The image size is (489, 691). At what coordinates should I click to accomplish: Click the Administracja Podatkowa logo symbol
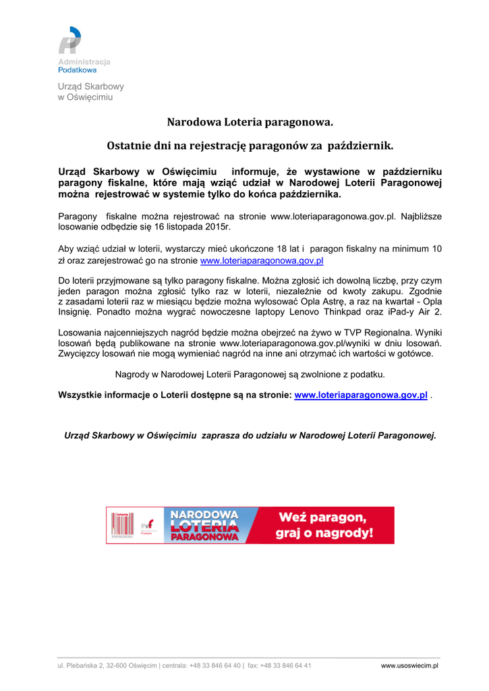[69, 40]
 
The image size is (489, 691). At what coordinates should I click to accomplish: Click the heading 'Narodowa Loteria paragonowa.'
[250, 123]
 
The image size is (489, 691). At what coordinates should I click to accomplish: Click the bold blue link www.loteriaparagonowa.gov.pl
[361, 395]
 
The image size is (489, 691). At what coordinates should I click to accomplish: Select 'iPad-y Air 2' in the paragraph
[415, 312]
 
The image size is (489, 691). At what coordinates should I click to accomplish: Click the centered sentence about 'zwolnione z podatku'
[250, 374]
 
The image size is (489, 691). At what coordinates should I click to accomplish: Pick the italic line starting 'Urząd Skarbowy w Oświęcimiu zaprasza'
[250, 435]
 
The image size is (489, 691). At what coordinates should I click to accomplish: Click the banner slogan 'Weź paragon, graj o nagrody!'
[324, 525]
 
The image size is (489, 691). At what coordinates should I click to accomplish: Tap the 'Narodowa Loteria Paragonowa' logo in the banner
[204, 525]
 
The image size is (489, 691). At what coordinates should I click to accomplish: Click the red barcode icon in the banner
[122, 525]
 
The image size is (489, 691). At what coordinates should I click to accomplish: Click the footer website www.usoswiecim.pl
[409, 665]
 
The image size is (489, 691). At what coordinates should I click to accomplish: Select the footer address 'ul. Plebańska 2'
[80, 665]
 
